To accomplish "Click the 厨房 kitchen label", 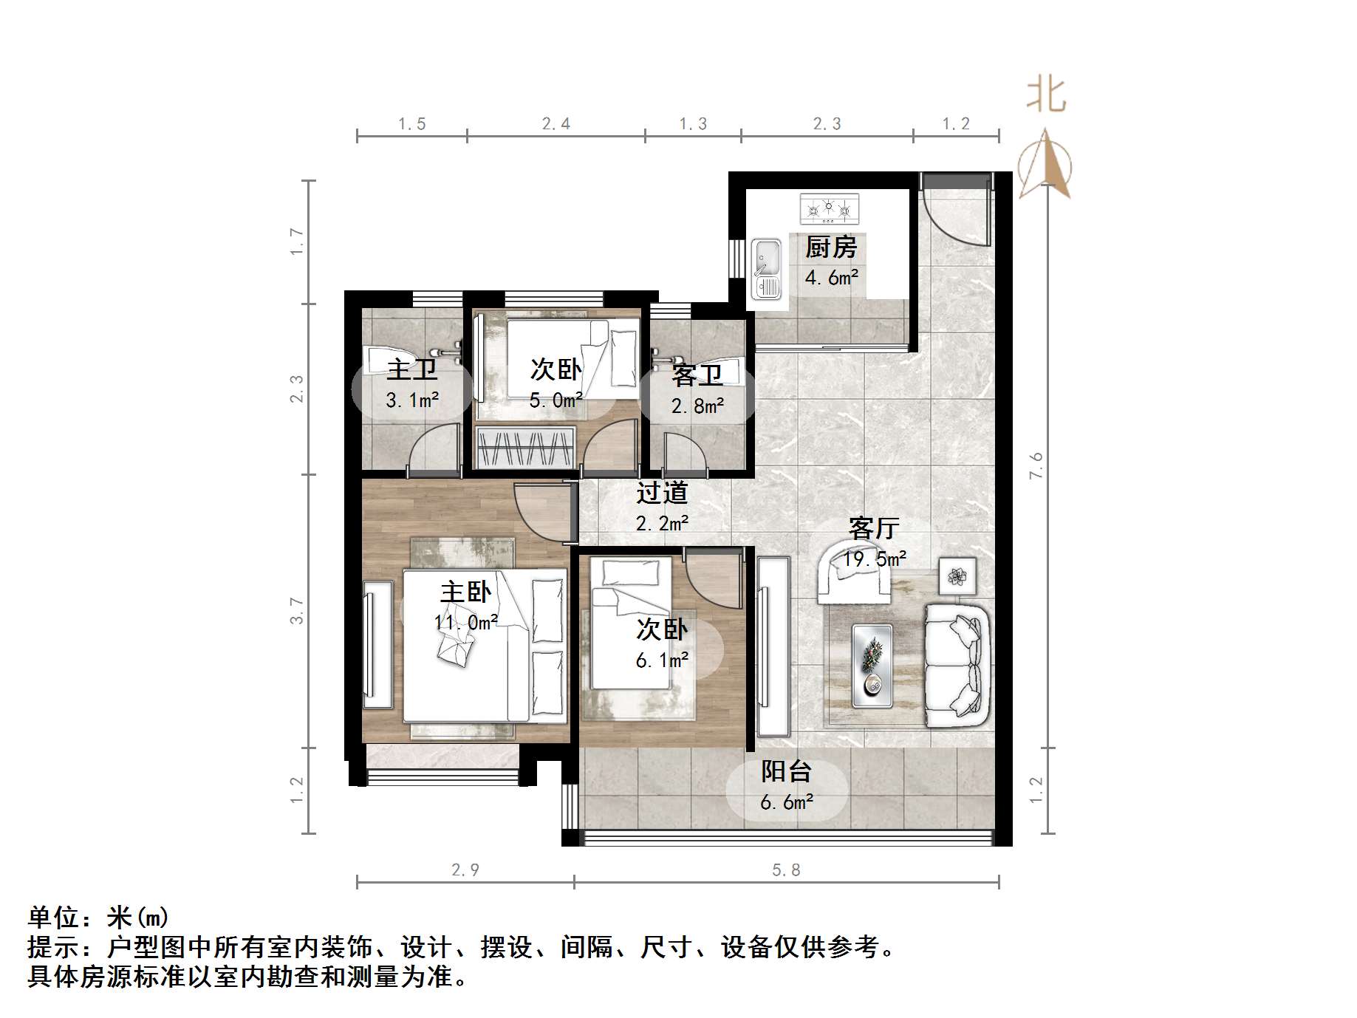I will (831, 247).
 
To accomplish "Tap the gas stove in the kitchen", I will (830, 209).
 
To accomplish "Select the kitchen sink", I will (766, 268).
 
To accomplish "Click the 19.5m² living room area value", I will (875, 559).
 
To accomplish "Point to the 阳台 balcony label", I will (787, 771).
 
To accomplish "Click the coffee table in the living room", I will (872, 665).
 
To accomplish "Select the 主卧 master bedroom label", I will (465, 592).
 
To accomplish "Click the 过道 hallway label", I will (662, 492).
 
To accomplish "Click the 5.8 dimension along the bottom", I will (786, 870).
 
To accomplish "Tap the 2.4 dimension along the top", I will (556, 124).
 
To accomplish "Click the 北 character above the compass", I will (1046, 96).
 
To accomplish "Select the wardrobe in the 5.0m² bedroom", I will (526, 448).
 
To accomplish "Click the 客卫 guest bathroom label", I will (697, 375).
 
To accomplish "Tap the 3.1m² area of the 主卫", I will (412, 400).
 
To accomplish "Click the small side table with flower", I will (957, 576).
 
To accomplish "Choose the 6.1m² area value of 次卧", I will (662, 660).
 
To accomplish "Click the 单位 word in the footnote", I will (54, 918).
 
